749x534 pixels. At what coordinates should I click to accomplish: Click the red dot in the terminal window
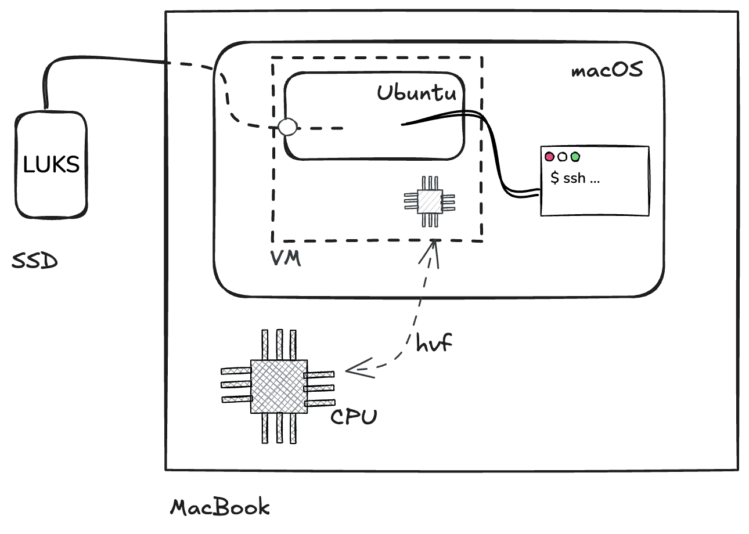coord(549,157)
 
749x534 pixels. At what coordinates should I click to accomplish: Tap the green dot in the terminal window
coord(575,157)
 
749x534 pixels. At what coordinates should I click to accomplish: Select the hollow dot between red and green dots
coord(562,157)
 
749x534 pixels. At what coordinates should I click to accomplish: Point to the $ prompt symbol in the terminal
coord(554,178)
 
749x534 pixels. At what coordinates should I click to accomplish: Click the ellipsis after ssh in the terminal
coord(595,179)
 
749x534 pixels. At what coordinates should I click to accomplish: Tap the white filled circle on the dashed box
coord(287,127)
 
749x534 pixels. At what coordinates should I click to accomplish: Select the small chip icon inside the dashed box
coord(430,201)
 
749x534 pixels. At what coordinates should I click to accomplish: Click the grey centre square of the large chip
coord(279,387)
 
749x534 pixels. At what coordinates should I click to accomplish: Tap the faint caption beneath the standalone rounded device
coord(35,262)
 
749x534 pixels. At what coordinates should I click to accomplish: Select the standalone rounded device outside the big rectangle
coord(51,164)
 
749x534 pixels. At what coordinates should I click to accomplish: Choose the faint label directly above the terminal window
coord(607,72)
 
